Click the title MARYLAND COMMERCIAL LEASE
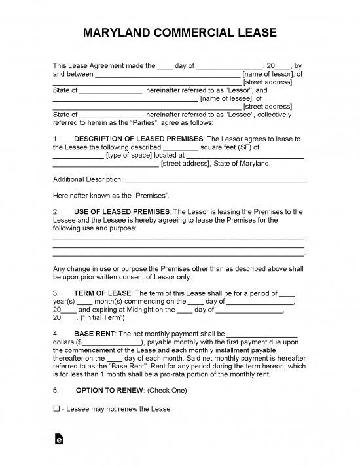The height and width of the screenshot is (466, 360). [x=180, y=33]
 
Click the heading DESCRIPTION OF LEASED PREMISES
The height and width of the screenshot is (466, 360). [x=139, y=139]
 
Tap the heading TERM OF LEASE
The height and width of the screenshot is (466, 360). [x=102, y=292]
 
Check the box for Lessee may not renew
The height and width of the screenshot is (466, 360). [x=56, y=409]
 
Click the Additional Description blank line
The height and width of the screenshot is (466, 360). [x=215, y=179]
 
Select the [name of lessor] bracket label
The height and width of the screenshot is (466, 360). [x=268, y=74]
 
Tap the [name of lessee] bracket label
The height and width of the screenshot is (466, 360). [x=226, y=99]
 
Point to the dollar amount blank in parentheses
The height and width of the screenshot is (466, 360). [x=111, y=342]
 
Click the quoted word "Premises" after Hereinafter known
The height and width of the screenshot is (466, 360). [x=152, y=196]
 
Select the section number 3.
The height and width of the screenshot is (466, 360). [x=56, y=292]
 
